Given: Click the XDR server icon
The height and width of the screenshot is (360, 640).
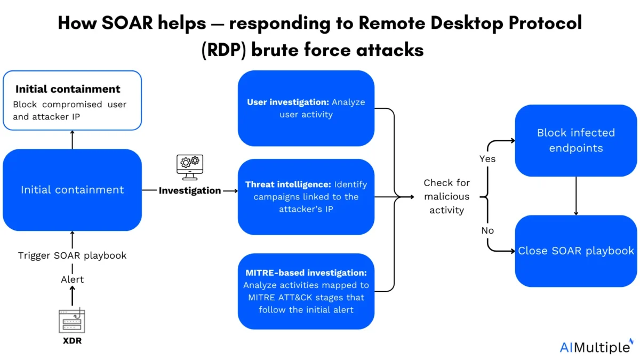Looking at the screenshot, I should [72, 321].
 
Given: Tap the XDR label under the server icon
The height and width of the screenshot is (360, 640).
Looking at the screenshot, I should [72, 341].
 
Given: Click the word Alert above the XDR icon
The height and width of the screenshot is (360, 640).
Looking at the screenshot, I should [72, 279].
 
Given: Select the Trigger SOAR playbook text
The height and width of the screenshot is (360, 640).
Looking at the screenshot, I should [73, 255].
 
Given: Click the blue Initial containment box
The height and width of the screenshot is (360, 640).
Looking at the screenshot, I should [72, 190].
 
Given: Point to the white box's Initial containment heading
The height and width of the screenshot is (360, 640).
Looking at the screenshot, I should [68, 89].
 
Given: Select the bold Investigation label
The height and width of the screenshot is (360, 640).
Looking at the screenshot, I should [190, 190].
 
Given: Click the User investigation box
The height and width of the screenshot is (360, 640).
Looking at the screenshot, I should [306, 108].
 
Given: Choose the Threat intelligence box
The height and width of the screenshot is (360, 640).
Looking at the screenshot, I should [306, 197].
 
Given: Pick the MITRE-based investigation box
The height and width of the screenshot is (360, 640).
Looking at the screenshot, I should [306, 291].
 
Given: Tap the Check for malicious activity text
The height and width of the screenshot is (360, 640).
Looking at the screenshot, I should [446, 196].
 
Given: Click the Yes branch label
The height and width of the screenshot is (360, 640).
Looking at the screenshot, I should [487, 159].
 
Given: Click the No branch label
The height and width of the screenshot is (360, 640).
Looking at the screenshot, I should [487, 230].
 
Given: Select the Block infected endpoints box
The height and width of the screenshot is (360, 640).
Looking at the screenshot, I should [576, 140].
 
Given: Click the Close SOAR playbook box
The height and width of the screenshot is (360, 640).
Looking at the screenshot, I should [576, 251].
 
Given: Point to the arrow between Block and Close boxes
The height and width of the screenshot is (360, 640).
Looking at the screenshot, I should [576, 196].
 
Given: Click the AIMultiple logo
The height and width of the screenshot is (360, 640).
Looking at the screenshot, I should [595, 347].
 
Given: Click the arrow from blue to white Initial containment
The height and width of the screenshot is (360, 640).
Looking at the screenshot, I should [72, 140].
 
